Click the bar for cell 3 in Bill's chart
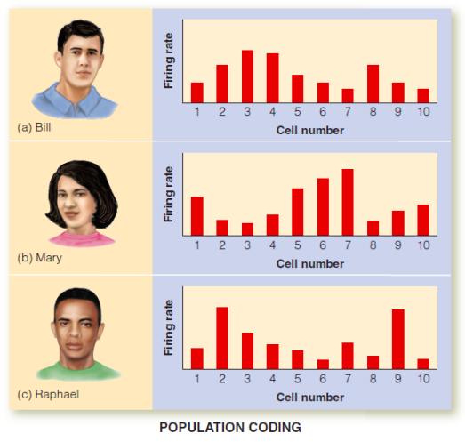pos(247,76)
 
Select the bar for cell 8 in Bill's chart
pos(373,84)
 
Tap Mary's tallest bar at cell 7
pos(347,202)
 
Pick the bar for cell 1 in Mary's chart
pos(196,215)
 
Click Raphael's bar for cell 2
pos(221,337)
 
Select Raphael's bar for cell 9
pos(397,339)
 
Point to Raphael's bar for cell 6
pos(322,364)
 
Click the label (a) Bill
pos(36,125)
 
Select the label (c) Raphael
pos(45,393)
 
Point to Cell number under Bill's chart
pos(309,131)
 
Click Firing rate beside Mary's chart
pos(167,197)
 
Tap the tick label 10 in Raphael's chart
pos(423,378)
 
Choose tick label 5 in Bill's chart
pos(298,112)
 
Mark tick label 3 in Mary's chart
pos(247,245)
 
